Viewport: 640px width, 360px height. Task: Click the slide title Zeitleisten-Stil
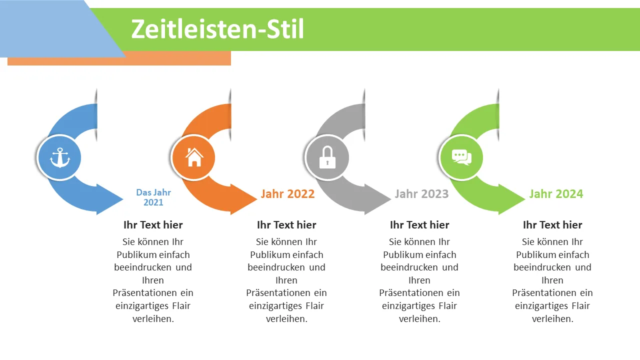(x=217, y=29)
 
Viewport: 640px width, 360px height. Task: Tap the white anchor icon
(x=60, y=157)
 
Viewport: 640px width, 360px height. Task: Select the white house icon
(x=194, y=157)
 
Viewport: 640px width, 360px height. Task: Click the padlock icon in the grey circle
(x=327, y=157)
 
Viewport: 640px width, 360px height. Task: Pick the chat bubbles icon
(x=461, y=157)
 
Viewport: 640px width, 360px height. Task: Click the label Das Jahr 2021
(x=153, y=197)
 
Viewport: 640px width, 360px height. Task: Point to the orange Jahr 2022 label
(x=287, y=194)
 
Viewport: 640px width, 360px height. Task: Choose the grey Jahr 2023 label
(x=421, y=194)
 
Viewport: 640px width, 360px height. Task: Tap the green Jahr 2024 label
(x=556, y=194)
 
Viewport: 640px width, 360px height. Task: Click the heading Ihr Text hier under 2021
(x=153, y=225)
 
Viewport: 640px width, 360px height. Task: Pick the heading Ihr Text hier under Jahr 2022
(x=286, y=225)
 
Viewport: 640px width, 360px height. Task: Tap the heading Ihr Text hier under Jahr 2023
(x=419, y=225)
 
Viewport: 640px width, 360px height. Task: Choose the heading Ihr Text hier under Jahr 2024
(x=552, y=225)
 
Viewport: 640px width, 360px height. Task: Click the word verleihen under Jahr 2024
(x=552, y=319)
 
